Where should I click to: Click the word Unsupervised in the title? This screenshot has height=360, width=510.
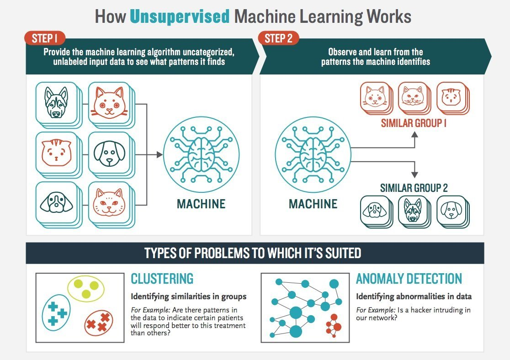179,16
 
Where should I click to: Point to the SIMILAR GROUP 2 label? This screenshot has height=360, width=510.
414,187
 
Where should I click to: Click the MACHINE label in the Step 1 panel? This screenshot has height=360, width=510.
201,204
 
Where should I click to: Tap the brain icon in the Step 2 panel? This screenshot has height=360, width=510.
313,154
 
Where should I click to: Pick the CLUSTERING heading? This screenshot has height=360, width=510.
162,279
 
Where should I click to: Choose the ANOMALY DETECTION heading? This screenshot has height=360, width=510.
409,279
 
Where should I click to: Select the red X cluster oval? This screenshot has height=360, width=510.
99,323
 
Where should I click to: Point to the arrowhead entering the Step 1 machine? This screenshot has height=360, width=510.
159,155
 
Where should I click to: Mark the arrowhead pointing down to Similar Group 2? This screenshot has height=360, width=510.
414,175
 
